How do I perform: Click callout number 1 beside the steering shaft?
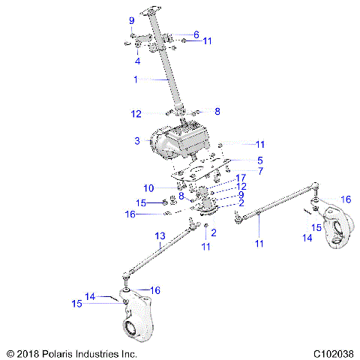click(136, 79)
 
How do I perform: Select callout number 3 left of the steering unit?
click(137, 141)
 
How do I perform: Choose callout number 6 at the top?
click(196, 34)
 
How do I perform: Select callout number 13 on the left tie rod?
click(160, 236)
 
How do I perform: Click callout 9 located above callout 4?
click(131, 20)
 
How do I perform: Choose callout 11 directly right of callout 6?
click(207, 40)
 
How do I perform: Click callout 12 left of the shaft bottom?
click(136, 114)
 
